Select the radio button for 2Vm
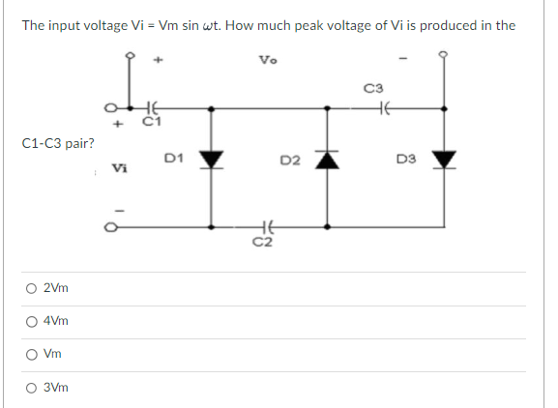[x=34, y=288]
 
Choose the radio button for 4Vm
[x=34, y=321]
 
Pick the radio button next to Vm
[x=34, y=354]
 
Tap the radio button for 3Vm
[x=34, y=387]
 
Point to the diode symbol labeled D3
[x=445, y=159]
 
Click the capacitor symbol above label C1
[x=149, y=109]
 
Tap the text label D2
[x=289, y=160]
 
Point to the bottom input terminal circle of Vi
[x=110, y=228]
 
